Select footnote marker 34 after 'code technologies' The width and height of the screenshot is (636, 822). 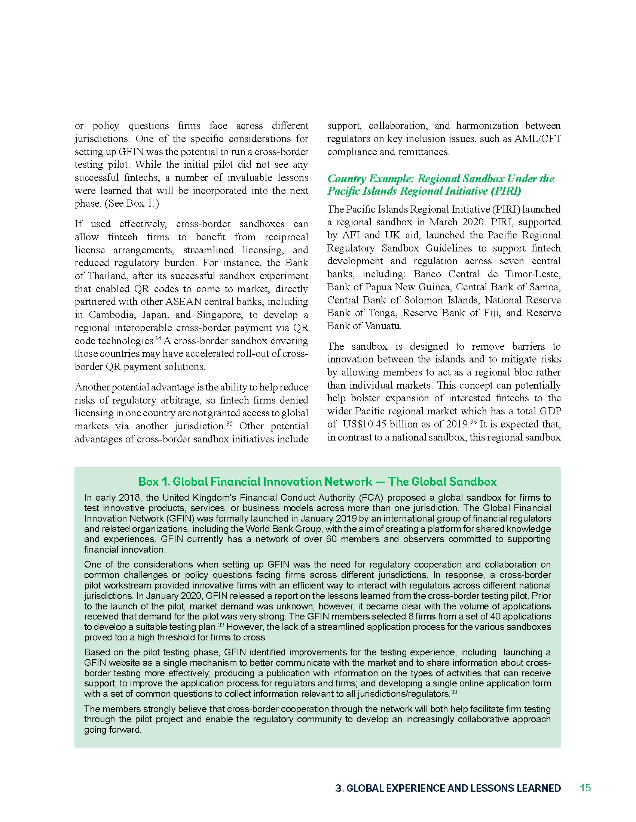[158, 339]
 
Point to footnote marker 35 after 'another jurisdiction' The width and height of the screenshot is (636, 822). [230, 424]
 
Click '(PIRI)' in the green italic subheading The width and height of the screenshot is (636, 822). [506, 191]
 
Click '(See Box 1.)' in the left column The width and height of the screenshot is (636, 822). [131, 204]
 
